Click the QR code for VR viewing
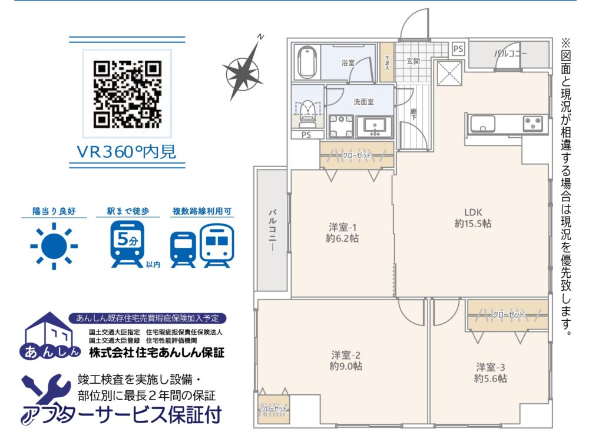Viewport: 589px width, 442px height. [127, 94]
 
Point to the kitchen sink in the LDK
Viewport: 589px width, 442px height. [482, 124]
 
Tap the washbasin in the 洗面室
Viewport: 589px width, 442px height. [374, 126]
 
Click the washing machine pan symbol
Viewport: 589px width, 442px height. [341, 127]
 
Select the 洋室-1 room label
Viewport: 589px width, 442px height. [342, 227]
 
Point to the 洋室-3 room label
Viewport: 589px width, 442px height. [490, 367]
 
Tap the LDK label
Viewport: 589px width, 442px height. [473, 212]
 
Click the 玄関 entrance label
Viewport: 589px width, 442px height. [413, 61]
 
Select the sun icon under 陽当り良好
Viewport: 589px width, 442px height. [54, 246]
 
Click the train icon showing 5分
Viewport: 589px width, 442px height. [127, 244]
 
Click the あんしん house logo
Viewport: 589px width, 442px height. [49, 335]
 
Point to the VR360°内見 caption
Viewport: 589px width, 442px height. [126, 152]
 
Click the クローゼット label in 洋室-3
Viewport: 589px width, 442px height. [508, 314]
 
